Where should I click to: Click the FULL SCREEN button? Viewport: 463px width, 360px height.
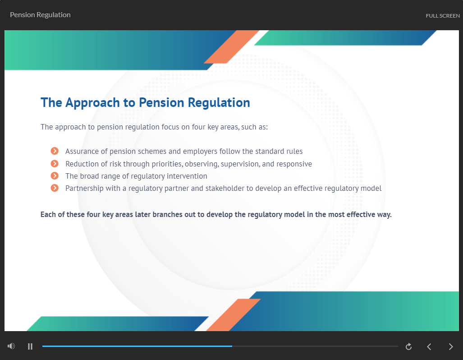[x=443, y=16]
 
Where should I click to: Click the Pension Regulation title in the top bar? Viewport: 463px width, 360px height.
[x=40, y=14]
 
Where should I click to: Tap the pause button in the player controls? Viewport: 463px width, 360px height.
[x=30, y=346]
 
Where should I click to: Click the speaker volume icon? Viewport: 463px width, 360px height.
[x=11, y=346]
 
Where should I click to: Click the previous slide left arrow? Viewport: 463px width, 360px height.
[x=429, y=346]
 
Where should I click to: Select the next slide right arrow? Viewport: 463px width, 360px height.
[x=451, y=346]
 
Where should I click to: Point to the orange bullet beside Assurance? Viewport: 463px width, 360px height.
[x=55, y=151]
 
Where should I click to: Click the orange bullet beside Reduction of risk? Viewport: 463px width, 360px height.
[x=55, y=163]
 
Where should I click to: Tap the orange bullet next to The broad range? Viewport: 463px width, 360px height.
[x=55, y=176]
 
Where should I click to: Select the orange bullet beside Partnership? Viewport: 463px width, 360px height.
[x=55, y=188]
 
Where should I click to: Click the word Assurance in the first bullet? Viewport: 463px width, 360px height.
[x=82, y=151]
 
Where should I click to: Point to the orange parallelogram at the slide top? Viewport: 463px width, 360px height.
[x=231, y=47]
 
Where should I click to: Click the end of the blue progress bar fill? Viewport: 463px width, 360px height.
[x=232, y=346]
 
